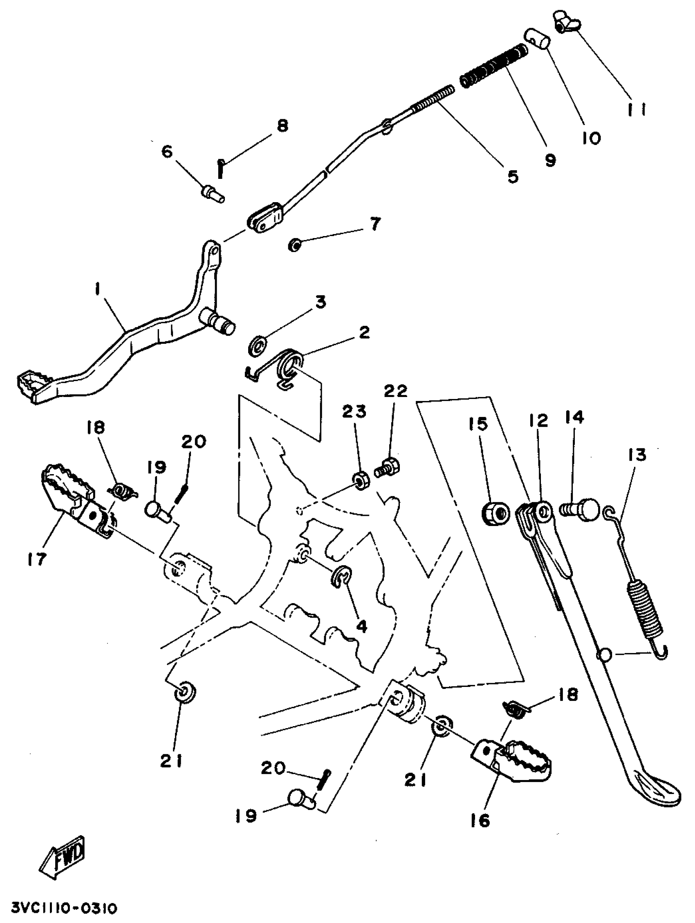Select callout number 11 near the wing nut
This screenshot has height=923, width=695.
click(x=637, y=109)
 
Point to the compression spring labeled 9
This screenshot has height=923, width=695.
click(x=494, y=66)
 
